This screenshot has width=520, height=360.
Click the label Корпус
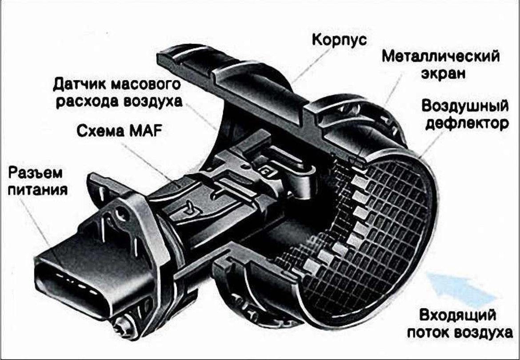click(x=340, y=40)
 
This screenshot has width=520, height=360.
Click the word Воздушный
click(x=465, y=106)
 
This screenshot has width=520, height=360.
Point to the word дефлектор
click(x=467, y=124)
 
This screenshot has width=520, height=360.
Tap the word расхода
click(x=87, y=101)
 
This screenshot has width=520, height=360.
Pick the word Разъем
click(x=35, y=173)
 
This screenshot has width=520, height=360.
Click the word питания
click(x=37, y=190)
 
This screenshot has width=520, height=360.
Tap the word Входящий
click(x=458, y=315)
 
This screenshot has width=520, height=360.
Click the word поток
click(x=428, y=332)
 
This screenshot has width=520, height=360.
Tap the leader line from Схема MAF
click(x=148, y=162)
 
